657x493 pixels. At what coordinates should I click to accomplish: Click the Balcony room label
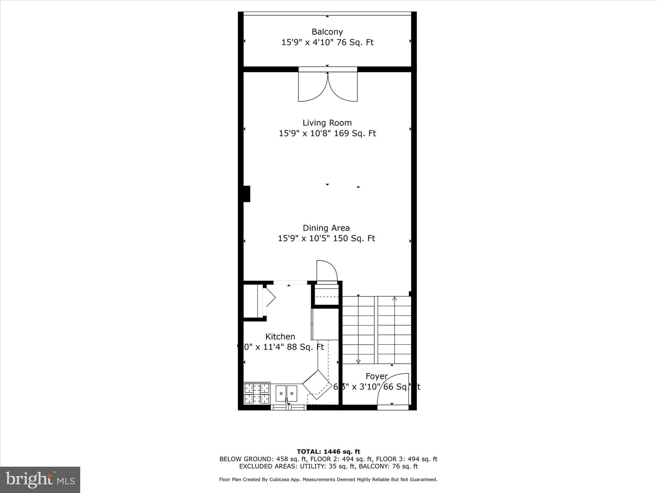click(x=327, y=32)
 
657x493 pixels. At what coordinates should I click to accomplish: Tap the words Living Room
click(x=327, y=123)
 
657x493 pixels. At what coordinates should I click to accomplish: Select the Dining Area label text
click(x=326, y=228)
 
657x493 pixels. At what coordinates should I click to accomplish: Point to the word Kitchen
click(x=280, y=336)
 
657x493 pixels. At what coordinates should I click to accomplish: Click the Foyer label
click(x=377, y=376)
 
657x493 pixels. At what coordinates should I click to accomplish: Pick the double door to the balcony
click(x=328, y=87)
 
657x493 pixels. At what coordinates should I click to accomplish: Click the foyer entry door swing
click(x=393, y=390)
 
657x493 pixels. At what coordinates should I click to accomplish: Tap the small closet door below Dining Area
click(x=327, y=271)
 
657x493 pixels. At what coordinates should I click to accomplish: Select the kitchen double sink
click(x=286, y=393)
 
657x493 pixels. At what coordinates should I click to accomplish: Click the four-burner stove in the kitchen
click(x=257, y=393)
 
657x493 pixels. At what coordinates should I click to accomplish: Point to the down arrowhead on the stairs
click(x=358, y=362)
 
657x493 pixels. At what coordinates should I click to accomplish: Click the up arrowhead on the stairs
click(x=395, y=299)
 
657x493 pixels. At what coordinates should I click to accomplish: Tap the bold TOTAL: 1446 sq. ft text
click(x=328, y=452)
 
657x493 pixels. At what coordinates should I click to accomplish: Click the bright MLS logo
click(x=40, y=480)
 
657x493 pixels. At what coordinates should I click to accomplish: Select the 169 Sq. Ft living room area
click(x=355, y=133)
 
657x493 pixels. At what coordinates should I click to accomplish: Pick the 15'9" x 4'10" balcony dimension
click(x=307, y=42)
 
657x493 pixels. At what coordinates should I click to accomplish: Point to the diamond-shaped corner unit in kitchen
click(x=317, y=385)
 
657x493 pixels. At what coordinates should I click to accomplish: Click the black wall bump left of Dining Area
click(x=246, y=194)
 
